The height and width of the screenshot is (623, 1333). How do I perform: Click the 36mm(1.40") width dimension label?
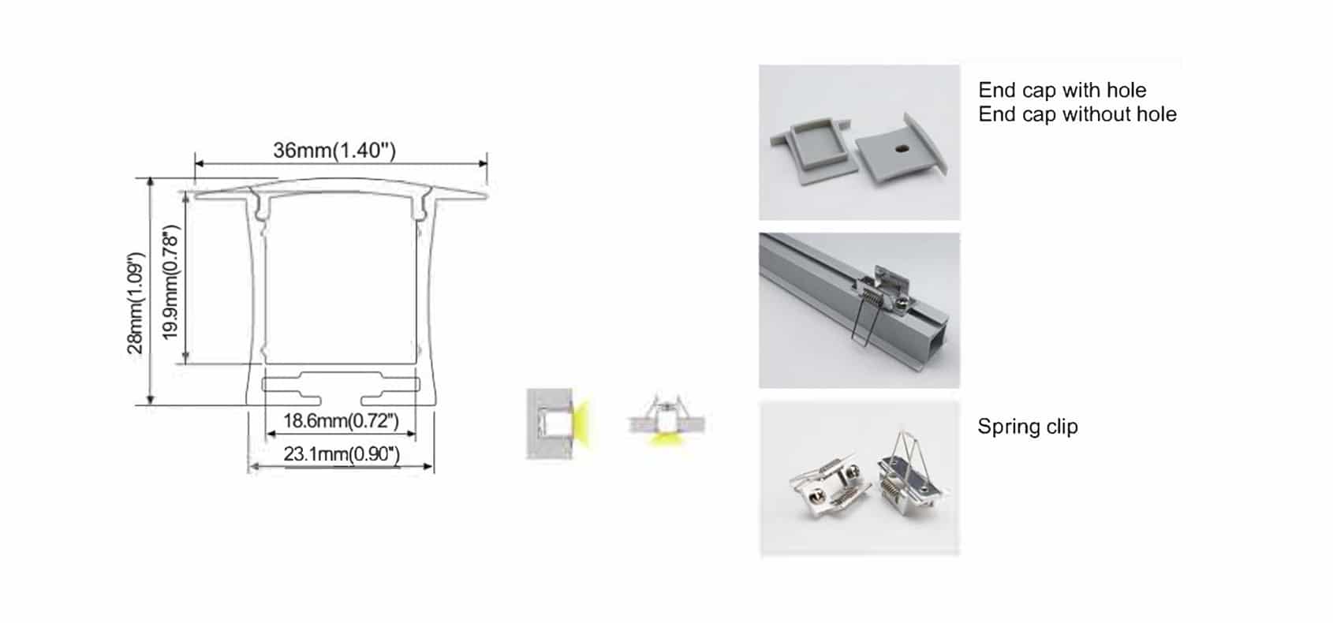click(334, 150)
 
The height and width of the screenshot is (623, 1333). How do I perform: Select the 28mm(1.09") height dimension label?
click(136, 303)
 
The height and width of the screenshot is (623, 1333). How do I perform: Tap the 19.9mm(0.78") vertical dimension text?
click(171, 282)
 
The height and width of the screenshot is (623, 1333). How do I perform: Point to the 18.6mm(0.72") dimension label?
click(341, 420)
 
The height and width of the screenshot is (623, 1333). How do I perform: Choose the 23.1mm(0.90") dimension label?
click(342, 454)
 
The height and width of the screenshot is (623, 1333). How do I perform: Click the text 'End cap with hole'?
click(1062, 90)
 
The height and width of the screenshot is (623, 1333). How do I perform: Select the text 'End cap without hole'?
click(1077, 114)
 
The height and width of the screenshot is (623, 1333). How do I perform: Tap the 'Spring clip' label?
click(1027, 427)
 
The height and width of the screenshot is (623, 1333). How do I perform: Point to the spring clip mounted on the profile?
click(876, 296)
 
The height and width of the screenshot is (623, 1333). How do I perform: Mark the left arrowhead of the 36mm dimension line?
click(198, 164)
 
